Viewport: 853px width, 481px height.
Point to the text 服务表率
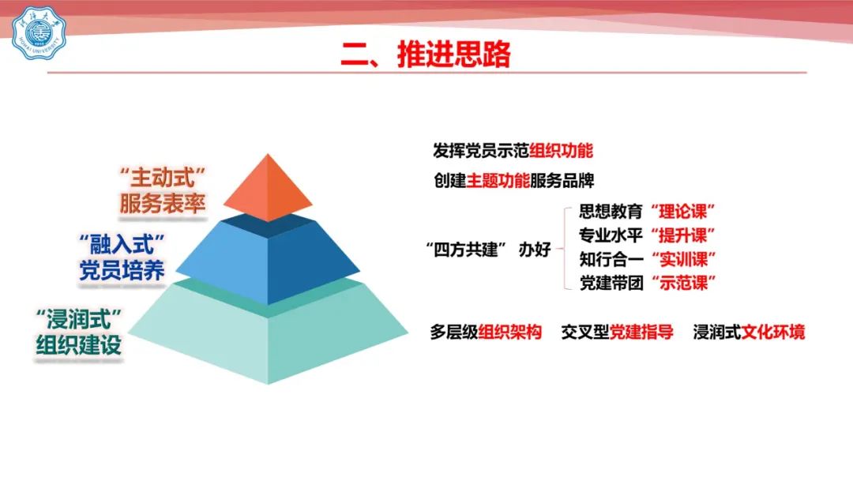163,204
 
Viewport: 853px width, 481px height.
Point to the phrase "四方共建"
463,250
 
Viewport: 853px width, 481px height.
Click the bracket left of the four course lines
562,247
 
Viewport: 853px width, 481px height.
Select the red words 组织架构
510,333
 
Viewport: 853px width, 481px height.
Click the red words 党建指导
641,333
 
